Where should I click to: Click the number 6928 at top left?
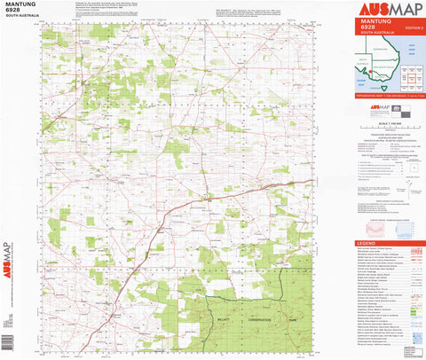point(13,13)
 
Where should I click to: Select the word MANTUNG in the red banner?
point(375,20)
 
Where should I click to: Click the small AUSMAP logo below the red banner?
point(376,110)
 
